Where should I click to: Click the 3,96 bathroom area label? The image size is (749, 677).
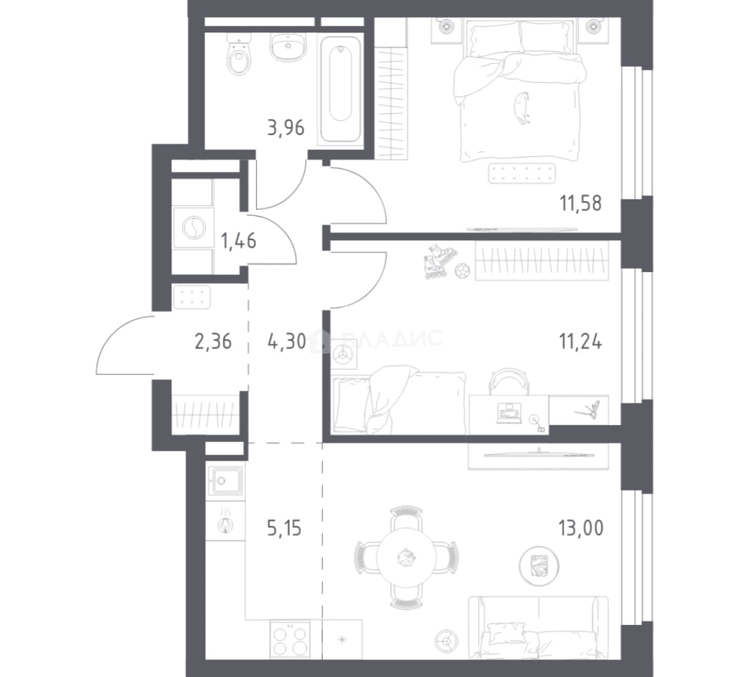click(x=285, y=128)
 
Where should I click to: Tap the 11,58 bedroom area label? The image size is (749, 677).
click(x=581, y=203)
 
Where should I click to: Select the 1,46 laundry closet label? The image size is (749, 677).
click(x=238, y=241)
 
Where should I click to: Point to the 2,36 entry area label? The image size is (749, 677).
click(x=213, y=342)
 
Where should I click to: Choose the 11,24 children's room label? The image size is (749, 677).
click(x=580, y=342)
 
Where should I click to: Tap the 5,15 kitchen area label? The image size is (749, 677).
click(x=284, y=528)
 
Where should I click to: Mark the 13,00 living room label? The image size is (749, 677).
click(x=581, y=528)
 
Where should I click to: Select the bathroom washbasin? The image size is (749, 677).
click(x=288, y=47)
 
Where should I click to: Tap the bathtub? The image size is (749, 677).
click(x=340, y=89)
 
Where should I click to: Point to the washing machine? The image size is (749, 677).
click(x=193, y=228)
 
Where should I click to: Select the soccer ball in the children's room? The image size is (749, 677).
click(x=462, y=271)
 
